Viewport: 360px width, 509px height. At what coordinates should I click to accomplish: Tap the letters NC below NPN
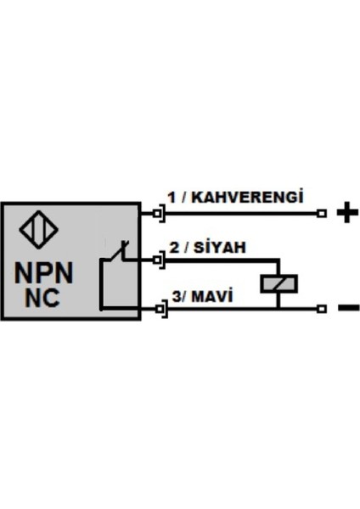(x=42, y=298)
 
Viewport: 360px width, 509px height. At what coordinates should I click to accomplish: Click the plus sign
(x=343, y=213)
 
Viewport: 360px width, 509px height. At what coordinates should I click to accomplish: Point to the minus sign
(x=347, y=309)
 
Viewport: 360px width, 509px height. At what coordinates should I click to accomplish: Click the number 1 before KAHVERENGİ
(x=171, y=197)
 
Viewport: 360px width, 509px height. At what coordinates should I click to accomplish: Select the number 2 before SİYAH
(x=173, y=248)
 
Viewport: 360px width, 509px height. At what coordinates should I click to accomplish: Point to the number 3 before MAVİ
(x=175, y=297)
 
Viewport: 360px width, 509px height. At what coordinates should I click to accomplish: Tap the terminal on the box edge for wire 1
(x=159, y=213)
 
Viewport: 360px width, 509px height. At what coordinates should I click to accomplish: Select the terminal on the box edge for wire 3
(x=159, y=310)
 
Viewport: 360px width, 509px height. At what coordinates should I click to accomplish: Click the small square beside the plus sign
(x=321, y=213)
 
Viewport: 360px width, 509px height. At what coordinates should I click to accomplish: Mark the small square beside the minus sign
(x=321, y=310)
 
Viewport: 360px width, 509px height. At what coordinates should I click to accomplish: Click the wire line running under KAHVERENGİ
(x=246, y=213)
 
